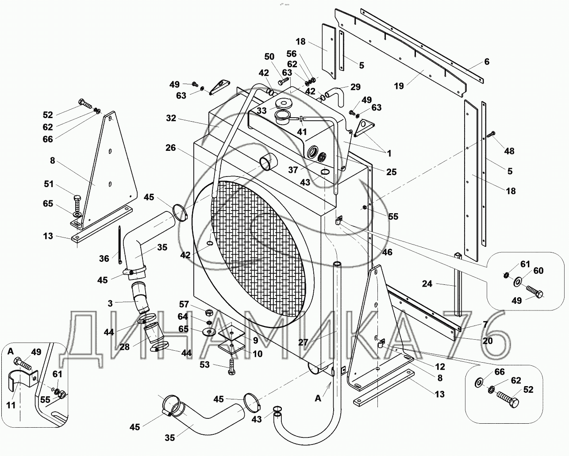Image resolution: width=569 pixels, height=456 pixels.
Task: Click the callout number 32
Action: tap(171, 118)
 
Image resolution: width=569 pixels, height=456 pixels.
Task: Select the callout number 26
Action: tap(171, 148)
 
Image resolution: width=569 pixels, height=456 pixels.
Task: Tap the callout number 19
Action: tap(399, 86)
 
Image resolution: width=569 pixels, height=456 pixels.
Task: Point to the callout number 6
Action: tap(487, 62)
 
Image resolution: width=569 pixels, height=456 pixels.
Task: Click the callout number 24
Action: tap(427, 284)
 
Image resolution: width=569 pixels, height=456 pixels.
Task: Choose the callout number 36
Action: tap(104, 258)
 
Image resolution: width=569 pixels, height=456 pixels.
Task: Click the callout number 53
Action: tap(204, 364)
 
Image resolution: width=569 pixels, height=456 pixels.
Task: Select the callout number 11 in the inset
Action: tap(11, 405)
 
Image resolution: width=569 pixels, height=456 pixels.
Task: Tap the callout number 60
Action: tap(538, 271)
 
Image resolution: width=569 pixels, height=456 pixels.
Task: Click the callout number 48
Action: tap(509, 151)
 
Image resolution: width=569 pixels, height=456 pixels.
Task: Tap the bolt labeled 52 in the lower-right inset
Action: tap(508, 399)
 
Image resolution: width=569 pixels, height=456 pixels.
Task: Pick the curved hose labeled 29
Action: tap(334, 93)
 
